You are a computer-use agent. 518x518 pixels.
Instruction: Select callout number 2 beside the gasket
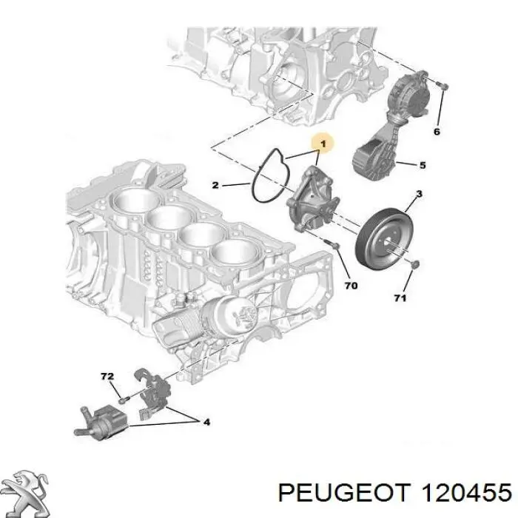[x=215, y=184]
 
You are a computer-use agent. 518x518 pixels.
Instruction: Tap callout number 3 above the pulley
[x=419, y=195]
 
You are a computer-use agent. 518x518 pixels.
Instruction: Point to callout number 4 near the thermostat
[x=206, y=423]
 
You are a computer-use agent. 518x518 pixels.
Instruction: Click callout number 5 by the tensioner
[x=423, y=165]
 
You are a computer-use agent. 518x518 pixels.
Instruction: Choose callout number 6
[x=437, y=132]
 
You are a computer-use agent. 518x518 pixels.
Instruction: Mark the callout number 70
[x=351, y=285]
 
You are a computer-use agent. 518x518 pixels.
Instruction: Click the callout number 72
[x=107, y=377]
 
